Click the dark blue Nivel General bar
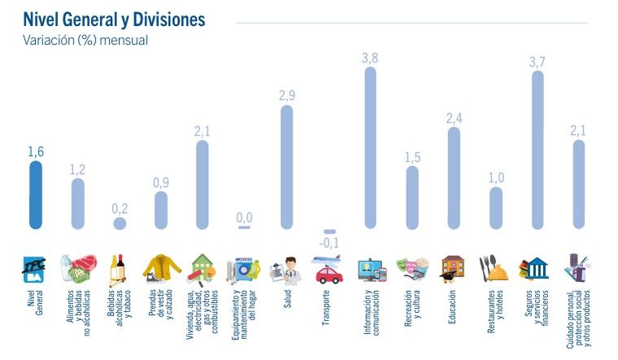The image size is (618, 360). click(35, 195)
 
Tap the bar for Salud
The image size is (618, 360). click(286, 167)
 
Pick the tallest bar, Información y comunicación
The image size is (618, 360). click(370, 147)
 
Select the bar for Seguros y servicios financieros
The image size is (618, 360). click(537, 150)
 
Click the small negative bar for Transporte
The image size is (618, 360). click(329, 232)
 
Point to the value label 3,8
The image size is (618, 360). click(370, 58)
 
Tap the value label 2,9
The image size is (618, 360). click(286, 96)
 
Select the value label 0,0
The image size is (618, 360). click(244, 217)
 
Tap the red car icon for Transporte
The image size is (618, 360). click(329, 273)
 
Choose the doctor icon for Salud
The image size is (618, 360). click(286, 270)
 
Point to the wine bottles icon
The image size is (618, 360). click(120, 268)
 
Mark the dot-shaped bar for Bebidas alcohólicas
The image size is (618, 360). click(120, 223)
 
